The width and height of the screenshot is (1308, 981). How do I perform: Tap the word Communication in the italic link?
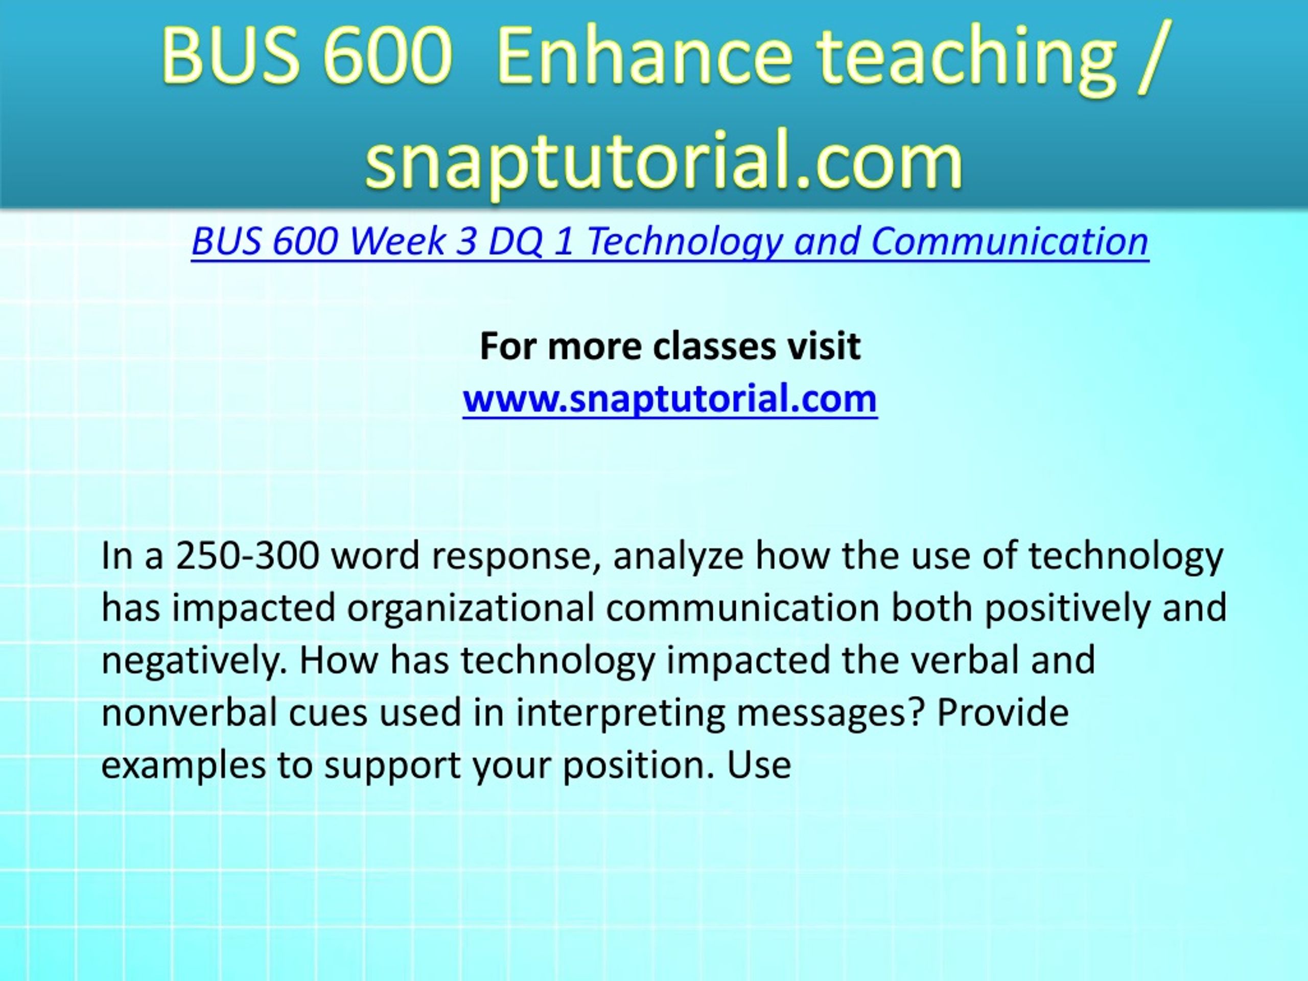(1010, 241)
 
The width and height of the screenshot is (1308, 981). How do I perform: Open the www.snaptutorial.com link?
(670, 399)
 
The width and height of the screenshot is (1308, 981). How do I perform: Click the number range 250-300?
(248, 556)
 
